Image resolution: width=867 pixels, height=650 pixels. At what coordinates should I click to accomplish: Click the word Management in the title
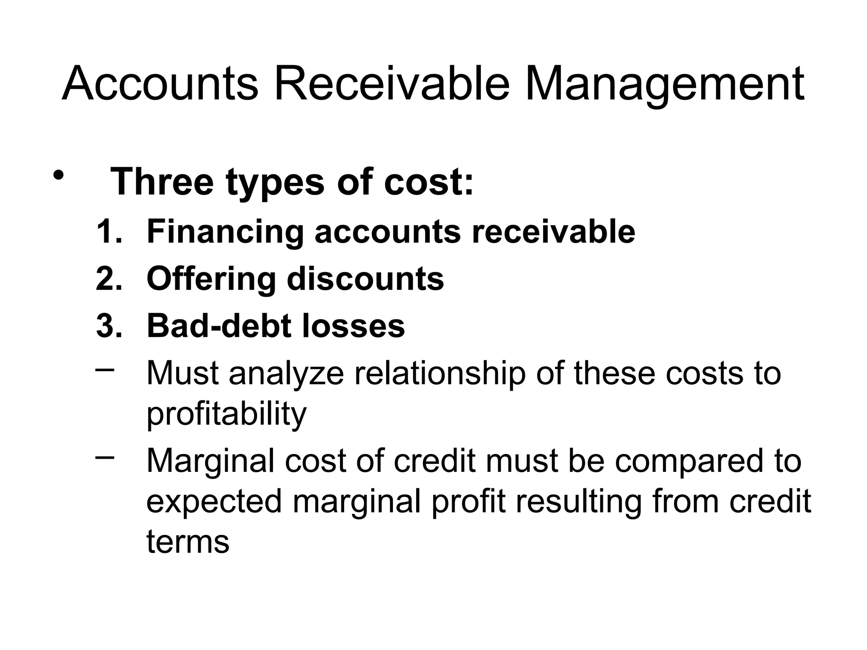pos(664,85)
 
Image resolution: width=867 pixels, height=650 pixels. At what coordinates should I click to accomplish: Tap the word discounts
pos(365,279)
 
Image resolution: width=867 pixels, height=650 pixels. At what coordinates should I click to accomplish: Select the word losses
pos(354,326)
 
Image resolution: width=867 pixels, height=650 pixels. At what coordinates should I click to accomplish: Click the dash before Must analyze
pos(105,369)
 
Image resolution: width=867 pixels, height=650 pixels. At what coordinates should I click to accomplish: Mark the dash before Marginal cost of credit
pos(105,457)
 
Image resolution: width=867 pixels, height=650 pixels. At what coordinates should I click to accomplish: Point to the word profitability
pos(226,415)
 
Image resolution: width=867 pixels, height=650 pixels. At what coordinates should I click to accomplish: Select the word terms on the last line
pos(188,542)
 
